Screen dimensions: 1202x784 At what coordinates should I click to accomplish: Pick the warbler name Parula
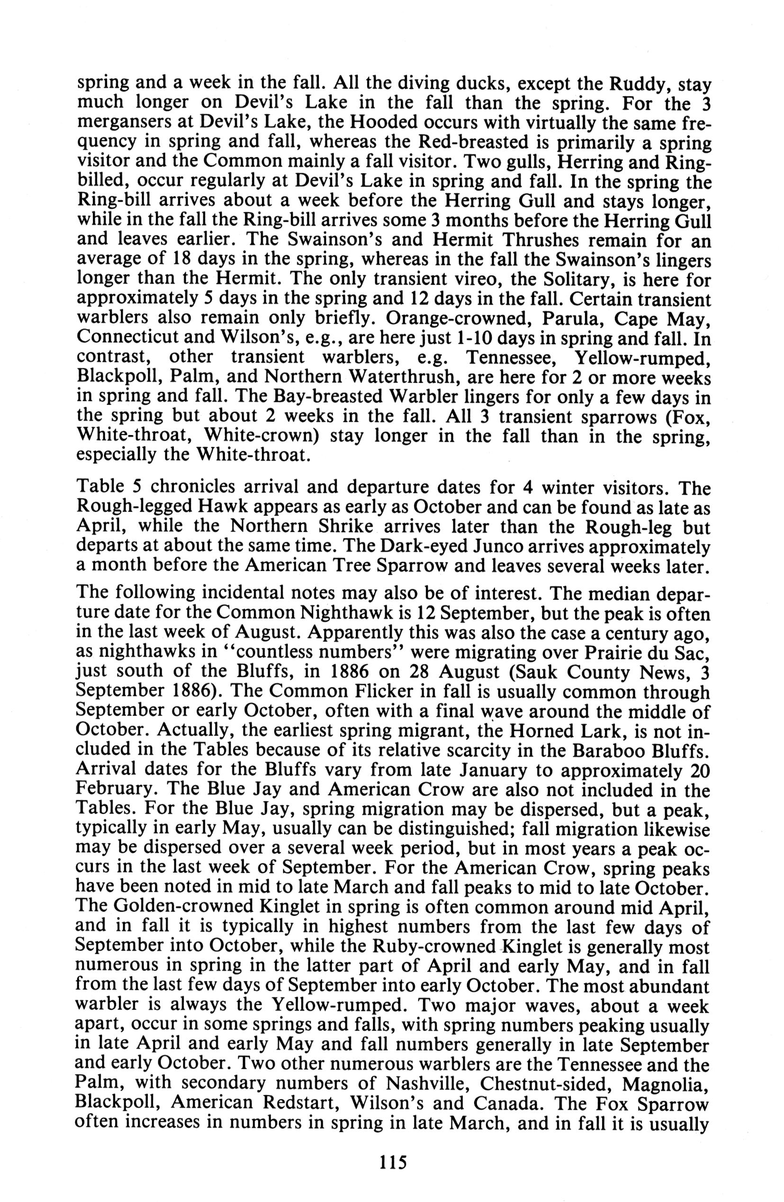[511, 319]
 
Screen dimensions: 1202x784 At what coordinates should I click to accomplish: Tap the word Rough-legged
[142, 507]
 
